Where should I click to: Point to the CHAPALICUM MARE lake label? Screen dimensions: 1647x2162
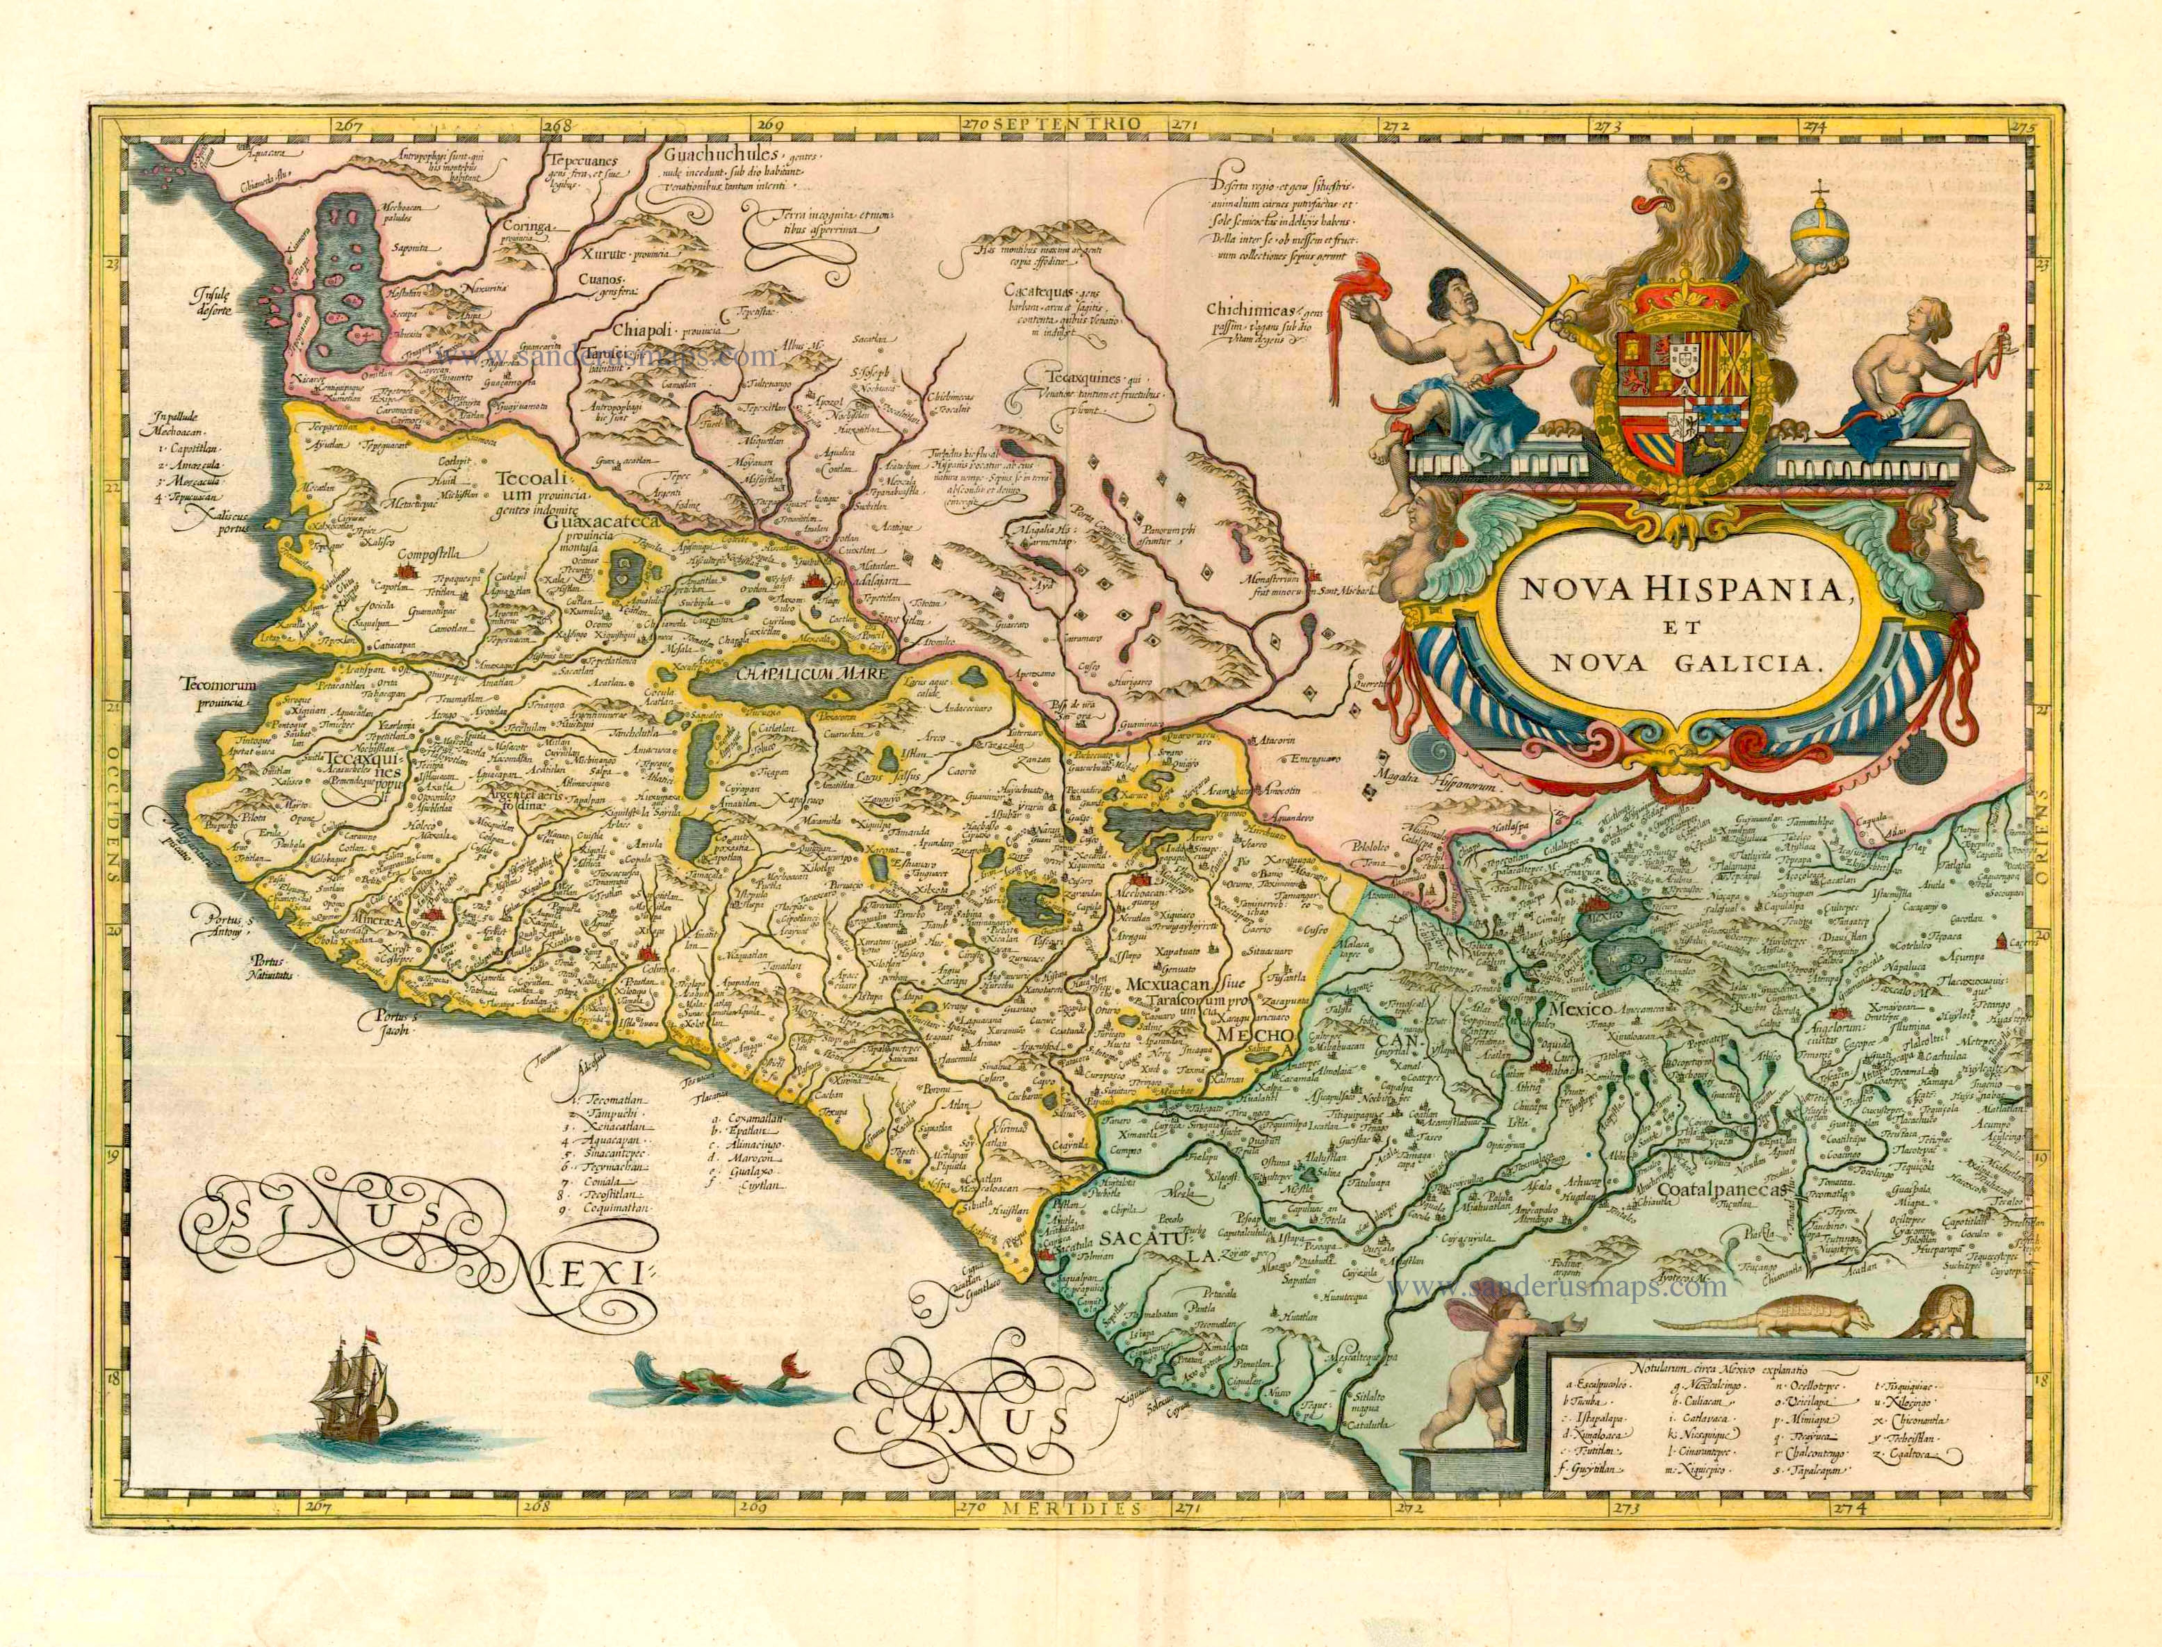point(795,675)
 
